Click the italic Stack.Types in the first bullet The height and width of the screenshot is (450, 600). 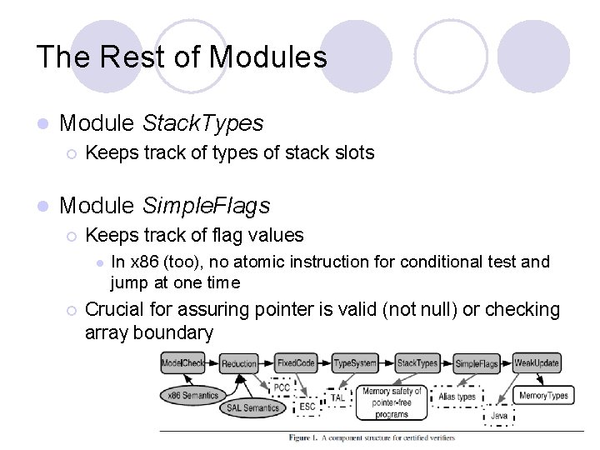click(203, 123)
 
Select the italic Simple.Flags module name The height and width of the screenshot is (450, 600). click(207, 204)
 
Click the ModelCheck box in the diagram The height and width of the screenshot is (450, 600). click(182, 363)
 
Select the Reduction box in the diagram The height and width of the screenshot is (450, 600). click(239, 363)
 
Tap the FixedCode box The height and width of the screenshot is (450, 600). click(297, 363)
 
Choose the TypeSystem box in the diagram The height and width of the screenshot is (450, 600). click(355, 363)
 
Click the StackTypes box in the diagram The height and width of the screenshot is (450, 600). click(417, 363)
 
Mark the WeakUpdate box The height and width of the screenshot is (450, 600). click(537, 363)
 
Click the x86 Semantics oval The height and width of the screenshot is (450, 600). click(192, 395)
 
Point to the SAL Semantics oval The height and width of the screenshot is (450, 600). click(252, 408)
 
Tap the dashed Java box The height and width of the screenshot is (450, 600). click(499, 414)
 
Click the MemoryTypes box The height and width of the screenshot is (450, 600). click(542, 395)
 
